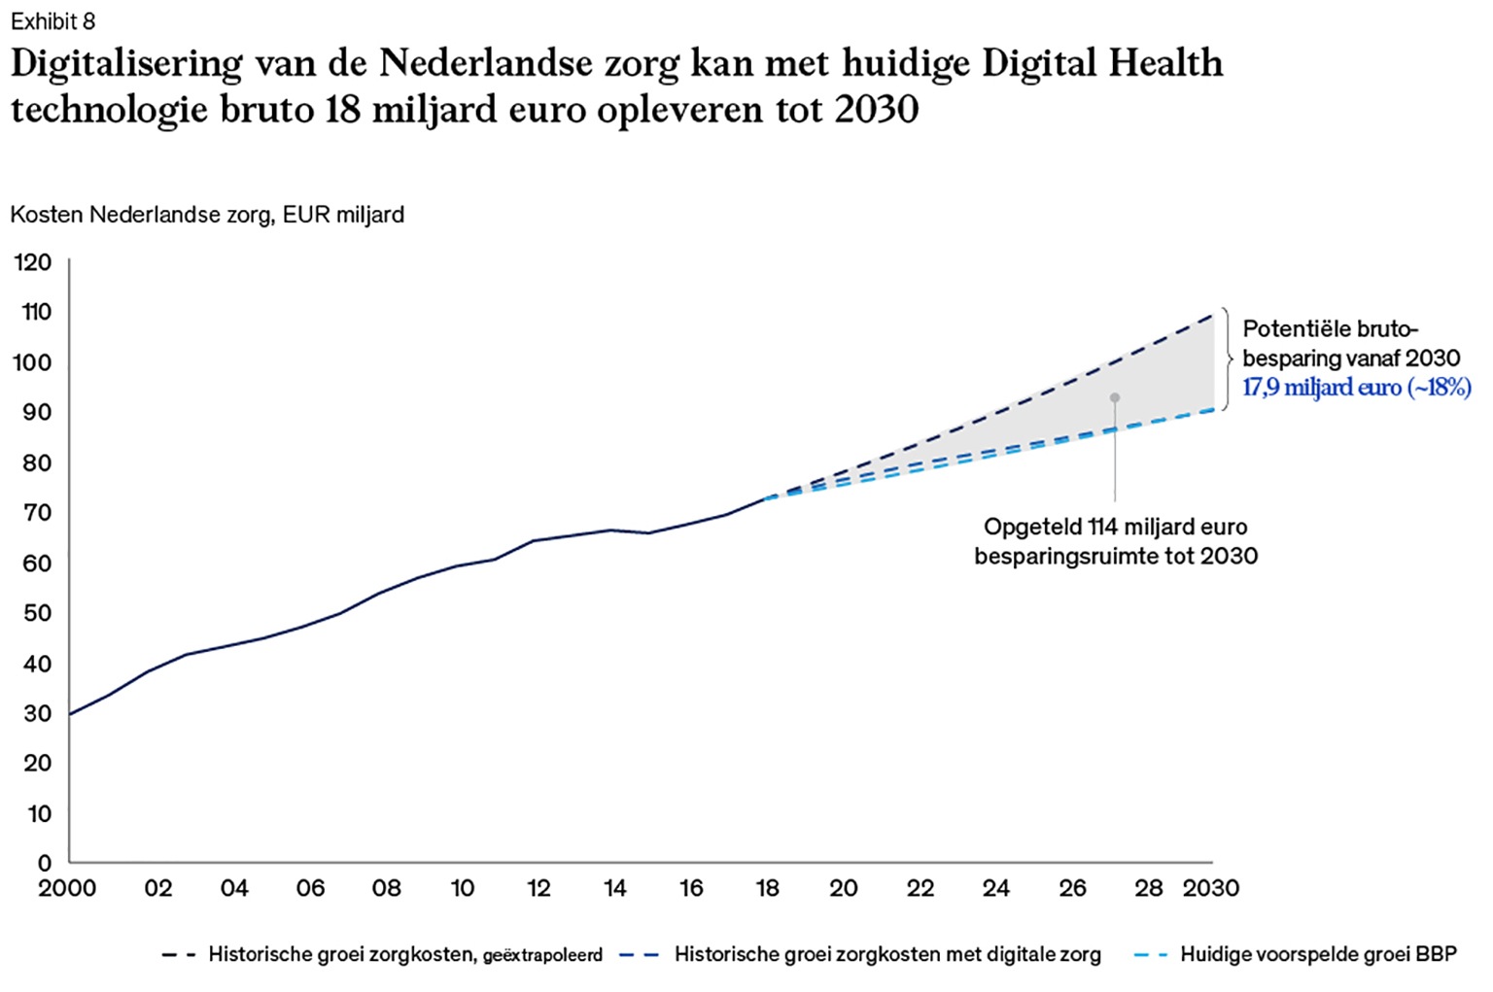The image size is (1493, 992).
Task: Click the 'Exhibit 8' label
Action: tap(52, 21)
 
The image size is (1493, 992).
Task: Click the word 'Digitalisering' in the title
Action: tap(126, 64)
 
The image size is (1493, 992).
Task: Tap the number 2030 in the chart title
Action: tap(876, 110)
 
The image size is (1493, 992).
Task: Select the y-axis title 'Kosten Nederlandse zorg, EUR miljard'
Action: tap(207, 215)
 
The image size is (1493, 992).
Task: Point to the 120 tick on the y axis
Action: tap(33, 262)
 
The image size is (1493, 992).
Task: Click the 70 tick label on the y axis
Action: tap(36, 513)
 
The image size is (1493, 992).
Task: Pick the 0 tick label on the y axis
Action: tap(44, 863)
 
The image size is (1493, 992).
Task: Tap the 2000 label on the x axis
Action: tap(67, 888)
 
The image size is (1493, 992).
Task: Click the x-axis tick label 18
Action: tap(767, 888)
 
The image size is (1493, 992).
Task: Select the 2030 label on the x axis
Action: tap(1210, 888)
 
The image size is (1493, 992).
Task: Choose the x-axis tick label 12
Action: tap(538, 888)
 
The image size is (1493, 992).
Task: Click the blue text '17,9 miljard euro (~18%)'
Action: tap(1356, 388)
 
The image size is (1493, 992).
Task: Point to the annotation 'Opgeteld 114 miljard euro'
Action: tap(1115, 528)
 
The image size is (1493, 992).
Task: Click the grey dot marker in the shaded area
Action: tap(1115, 397)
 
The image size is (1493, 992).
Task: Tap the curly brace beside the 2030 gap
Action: tap(1227, 359)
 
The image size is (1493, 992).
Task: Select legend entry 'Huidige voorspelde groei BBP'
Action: tap(1317, 955)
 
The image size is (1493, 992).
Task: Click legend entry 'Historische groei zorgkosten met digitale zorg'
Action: tap(886, 955)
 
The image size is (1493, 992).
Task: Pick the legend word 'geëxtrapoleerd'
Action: tap(542, 956)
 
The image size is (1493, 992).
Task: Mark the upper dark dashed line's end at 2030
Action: tap(1212, 314)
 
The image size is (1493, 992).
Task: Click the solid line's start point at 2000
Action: tap(70, 714)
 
